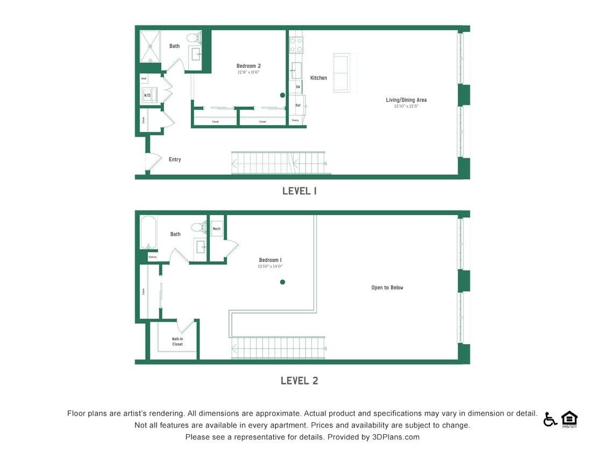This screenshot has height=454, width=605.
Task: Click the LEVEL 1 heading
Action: pos(299,191)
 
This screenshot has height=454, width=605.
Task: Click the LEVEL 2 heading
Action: pos(299,381)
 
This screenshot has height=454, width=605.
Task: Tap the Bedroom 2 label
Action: pos(248,66)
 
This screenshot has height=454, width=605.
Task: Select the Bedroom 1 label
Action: pos(270,260)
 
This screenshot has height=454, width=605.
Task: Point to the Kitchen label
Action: pos(318,78)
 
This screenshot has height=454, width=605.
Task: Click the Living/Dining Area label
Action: pos(406,100)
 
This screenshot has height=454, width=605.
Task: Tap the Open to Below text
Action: pos(387,288)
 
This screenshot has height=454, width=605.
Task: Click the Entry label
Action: pos(175,160)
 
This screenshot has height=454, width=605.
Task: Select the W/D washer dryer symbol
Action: pos(147,95)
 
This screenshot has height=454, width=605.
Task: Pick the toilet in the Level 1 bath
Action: pos(193,38)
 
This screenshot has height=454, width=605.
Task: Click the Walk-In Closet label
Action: pos(177,342)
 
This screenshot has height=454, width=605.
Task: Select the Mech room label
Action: pos(216,229)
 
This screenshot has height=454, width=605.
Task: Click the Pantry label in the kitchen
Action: pos(295,120)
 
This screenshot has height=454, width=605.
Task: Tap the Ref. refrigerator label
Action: pos(298,105)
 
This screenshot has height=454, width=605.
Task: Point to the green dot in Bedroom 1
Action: pos(282,282)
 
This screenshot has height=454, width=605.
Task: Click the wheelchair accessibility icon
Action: pos(550,419)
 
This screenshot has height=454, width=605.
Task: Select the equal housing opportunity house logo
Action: pos(569,419)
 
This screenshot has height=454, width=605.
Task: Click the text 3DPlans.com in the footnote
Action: pos(395,437)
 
